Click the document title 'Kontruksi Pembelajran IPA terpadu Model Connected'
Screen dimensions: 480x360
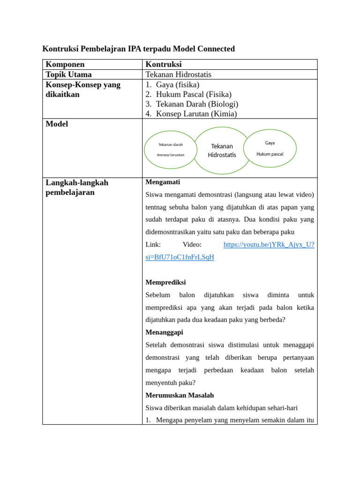click(138, 49)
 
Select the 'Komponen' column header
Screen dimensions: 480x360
click(65, 65)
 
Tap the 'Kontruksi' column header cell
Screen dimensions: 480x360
click(164, 65)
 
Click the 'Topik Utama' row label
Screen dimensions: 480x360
click(68, 75)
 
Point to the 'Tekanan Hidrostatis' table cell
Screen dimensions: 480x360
click(178, 75)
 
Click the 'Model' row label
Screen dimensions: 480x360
click(57, 124)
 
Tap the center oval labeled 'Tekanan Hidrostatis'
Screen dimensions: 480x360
click(222, 150)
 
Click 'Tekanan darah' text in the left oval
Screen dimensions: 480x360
click(171, 144)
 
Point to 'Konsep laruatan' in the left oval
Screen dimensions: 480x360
click(171, 155)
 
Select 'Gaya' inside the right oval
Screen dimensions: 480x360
click(270, 142)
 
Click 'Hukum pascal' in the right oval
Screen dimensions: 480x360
click(270, 154)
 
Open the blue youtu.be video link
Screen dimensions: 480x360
click(269, 245)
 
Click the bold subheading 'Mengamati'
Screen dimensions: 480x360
click(163, 182)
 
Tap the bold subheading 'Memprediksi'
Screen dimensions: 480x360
click(165, 282)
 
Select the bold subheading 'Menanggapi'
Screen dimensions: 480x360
click(165, 332)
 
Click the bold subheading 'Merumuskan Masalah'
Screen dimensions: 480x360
click(180, 395)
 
